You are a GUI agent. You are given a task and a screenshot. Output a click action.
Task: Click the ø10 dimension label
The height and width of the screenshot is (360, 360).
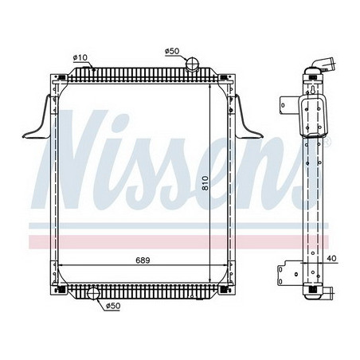tap(80, 57)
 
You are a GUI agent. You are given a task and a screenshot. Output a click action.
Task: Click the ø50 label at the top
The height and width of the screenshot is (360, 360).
tap(173, 52)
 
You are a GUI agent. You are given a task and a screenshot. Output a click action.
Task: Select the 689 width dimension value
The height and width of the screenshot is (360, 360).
tap(142, 259)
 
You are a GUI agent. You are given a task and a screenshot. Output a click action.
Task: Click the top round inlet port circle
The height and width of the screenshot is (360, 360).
tap(191, 64)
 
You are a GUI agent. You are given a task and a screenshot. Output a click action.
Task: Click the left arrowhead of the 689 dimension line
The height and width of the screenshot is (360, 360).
tap(63, 264)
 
